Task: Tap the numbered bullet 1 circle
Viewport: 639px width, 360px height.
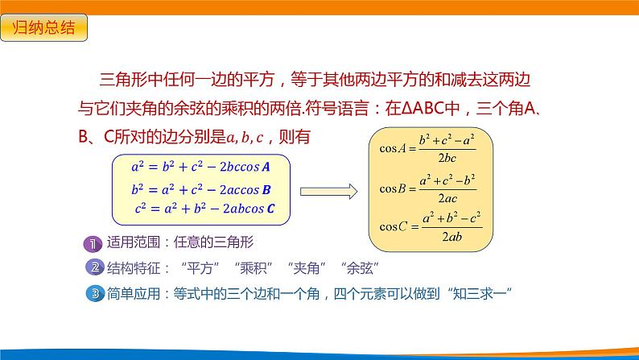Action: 94,243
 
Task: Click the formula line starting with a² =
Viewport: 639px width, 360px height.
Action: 200,168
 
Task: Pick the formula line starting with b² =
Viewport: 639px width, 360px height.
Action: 200,191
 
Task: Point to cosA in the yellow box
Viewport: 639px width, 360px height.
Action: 393,147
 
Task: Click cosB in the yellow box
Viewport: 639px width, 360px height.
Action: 393,190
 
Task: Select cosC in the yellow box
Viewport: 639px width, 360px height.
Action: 393,227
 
